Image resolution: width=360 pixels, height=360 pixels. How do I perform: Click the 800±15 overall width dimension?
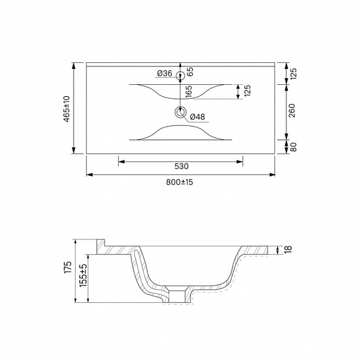[180, 183]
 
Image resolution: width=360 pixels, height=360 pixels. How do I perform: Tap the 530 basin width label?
[180, 166]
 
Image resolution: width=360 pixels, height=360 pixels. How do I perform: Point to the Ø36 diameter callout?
[164, 74]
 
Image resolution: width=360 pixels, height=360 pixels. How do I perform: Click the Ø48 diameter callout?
[198, 117]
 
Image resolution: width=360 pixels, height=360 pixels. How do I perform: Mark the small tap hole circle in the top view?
[180, 76]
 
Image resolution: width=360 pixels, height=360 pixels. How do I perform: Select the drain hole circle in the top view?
[180, 112]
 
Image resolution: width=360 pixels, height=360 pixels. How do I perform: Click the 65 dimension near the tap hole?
[190, 70]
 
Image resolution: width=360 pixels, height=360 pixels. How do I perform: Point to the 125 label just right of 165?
[247, 91]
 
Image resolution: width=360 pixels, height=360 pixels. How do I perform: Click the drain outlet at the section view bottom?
[180, 294]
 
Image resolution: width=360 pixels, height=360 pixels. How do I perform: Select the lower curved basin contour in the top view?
[180, 133]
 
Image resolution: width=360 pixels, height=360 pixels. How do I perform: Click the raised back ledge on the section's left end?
[101, 247]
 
